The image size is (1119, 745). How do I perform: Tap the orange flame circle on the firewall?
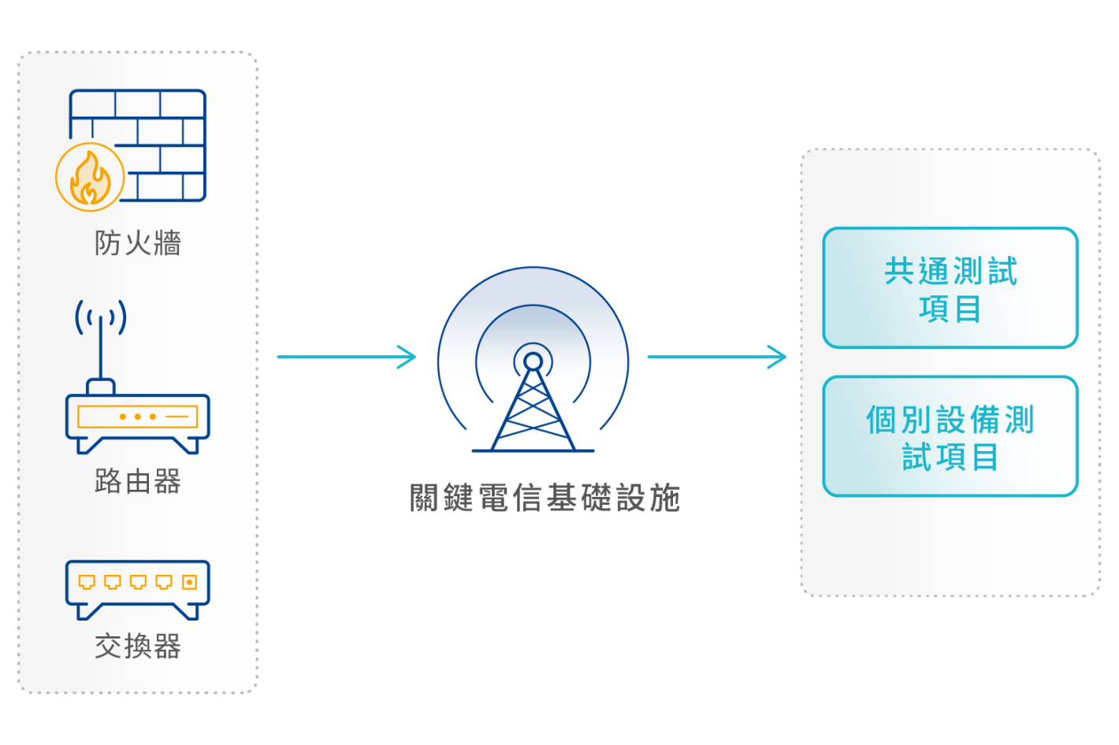(90, 177)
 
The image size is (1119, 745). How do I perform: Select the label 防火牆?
(138, 243)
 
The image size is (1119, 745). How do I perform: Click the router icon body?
(138, 417)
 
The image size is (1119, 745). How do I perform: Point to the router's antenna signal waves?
(100, 317)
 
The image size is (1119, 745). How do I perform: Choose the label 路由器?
(138, 481)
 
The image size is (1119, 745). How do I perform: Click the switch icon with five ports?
(138, 587)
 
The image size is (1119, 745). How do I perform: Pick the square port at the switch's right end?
(189, 582)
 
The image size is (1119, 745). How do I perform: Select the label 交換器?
(138, 647)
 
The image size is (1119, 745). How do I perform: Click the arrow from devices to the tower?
(346, 357)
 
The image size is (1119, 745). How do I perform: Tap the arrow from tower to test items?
(716, 357)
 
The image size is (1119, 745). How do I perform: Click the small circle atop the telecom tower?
(533, 361)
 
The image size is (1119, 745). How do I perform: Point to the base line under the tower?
(533, 450)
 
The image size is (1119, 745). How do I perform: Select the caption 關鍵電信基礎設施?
(545, 499)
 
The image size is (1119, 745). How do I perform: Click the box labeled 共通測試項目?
(950, 288)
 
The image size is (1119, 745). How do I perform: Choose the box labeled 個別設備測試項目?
(950, 436)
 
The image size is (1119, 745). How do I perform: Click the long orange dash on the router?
(177, 417)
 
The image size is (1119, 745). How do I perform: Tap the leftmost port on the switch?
(87, 582)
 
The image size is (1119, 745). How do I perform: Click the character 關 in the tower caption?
(426, 499)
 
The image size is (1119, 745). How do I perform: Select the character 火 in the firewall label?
(138, 243)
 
